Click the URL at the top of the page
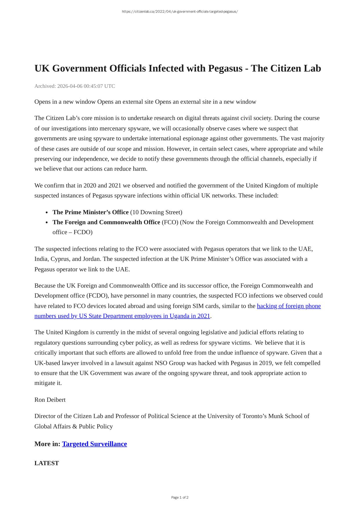[180, 12]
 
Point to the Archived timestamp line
[74, 86]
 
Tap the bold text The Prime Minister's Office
[90, 212]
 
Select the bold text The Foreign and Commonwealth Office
[106, 222]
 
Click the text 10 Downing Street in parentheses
[156, 212]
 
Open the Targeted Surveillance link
[94, 444]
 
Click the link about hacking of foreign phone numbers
[289, 306]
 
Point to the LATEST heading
[47, 463]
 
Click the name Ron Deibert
[50, 400]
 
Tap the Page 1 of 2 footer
[180, 497]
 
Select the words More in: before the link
[47, 444]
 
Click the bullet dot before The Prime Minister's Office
[47, 212]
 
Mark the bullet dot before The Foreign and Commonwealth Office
[47, 223]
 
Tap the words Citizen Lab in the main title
[295, 68]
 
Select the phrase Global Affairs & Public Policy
[74, 426]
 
